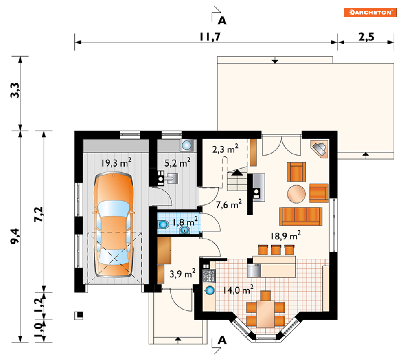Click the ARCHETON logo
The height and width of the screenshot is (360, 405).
coord(370,12)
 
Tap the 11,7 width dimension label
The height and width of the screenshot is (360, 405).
coord(210,37)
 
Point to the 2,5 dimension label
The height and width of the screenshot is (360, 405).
coord(366,37)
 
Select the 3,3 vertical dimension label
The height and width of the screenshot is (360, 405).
coord(15,90)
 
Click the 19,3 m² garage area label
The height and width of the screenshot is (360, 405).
coord(116,163)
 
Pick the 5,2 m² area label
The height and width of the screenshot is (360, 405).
coord(178,163)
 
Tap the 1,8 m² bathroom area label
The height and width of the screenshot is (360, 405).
coord(185,222)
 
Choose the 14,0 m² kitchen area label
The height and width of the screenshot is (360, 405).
coord(238,290)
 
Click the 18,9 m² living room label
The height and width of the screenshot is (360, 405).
coord(286,236)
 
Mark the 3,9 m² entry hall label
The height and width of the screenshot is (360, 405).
coord(182,273)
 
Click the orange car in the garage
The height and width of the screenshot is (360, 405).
coord(114,225)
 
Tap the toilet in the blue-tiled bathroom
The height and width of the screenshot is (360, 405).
coord(163,224)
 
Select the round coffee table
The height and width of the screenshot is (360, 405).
coord(296,194)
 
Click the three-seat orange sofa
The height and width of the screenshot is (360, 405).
coord(301,216)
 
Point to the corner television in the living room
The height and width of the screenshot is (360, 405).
coord(320,149)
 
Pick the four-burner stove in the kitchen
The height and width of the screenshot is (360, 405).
coord(209,276)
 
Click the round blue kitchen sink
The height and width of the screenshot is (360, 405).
coord(210,290)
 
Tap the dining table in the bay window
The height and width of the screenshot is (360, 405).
coord(265,314)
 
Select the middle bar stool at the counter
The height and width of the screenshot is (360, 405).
coord(276,250)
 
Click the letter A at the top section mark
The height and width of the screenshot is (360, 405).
coord(222,20)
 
